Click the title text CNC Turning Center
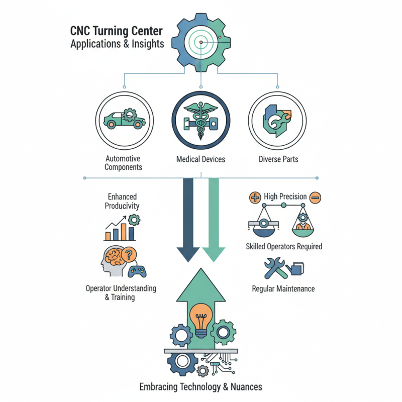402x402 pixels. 117,31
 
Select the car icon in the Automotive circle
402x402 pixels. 123,119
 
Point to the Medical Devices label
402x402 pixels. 201,159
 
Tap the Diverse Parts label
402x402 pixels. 278,159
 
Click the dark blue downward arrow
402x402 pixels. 189,221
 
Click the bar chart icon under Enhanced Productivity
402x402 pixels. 120,230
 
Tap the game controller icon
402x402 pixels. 136,272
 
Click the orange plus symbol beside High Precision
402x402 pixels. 254,197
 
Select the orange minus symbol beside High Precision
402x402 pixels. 315,197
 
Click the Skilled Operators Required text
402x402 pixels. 284,247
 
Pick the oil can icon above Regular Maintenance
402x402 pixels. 294,268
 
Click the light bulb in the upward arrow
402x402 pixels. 201,319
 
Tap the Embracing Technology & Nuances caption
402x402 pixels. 201,387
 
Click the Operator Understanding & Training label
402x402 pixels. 121,293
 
